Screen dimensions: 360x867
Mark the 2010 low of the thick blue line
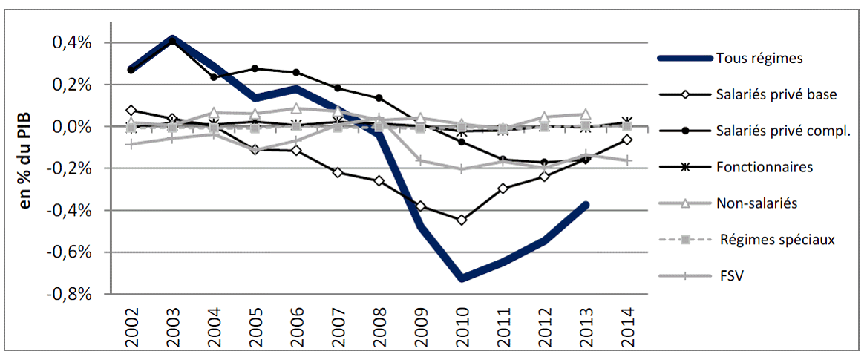tap(462, 278)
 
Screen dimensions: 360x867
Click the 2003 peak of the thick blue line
tap(172, 39)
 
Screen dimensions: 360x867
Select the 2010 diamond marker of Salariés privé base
tap(462, 220)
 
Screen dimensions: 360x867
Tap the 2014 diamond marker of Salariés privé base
tap(628, 140)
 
